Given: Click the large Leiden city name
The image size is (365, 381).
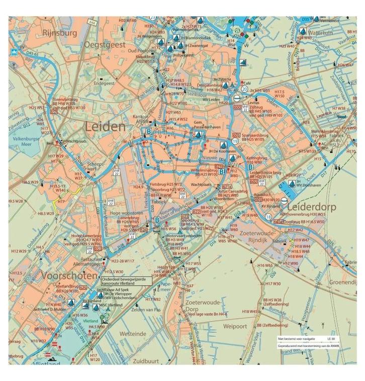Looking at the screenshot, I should (x=106, y=127).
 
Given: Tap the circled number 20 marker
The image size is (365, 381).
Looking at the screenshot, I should (x=244, y=89).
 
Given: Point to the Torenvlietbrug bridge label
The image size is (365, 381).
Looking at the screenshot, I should (x=68, y=100).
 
